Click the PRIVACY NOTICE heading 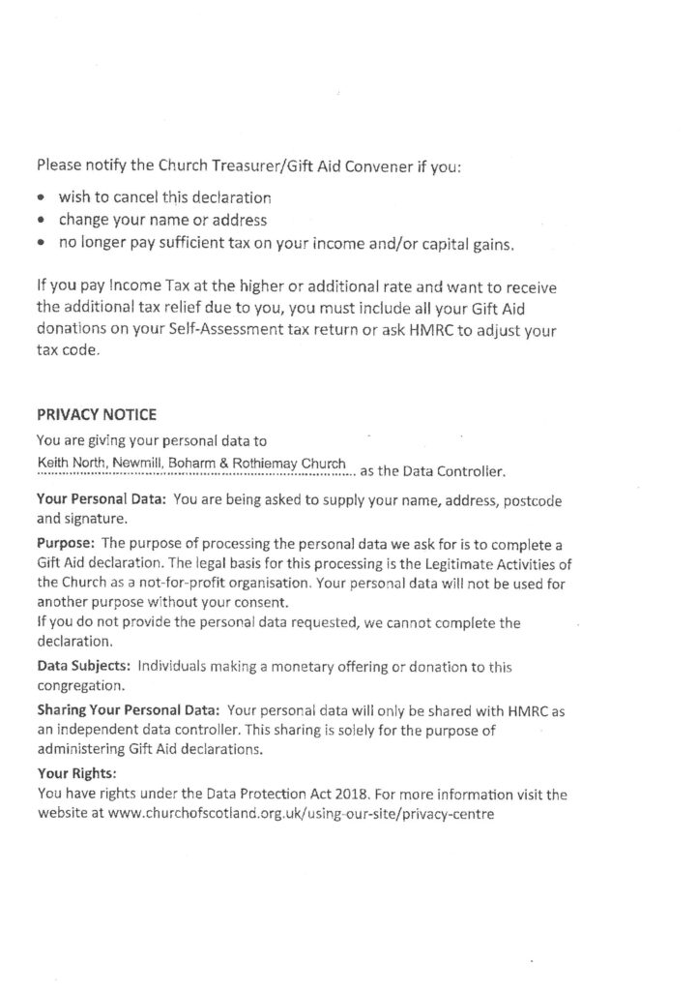pos(96,414)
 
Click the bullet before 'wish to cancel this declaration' pos(43,198)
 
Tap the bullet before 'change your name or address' pos(43,222)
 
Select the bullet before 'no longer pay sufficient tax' pos(43,245)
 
